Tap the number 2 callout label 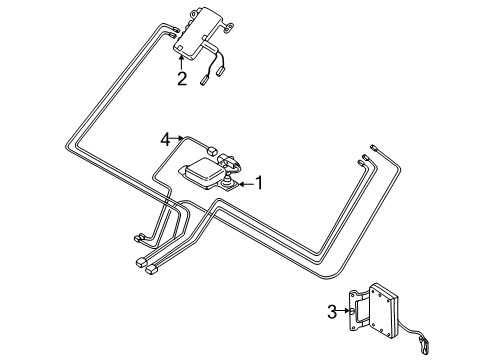pyautogui.click(x=181, y=78)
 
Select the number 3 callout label pyautogui.click(x=332, y=311)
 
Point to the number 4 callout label pyautogui.click(x=165, y=140)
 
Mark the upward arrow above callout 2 pyautogui.click(x=181, y=61)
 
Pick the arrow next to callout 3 pyautogui.click(x=347, y=311)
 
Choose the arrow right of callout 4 pyautogui.click(x=181, y=140)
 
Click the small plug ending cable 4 pyautogui.click(x=214, y=150)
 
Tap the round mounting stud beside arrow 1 pyautogui.click(x=229, y=184)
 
